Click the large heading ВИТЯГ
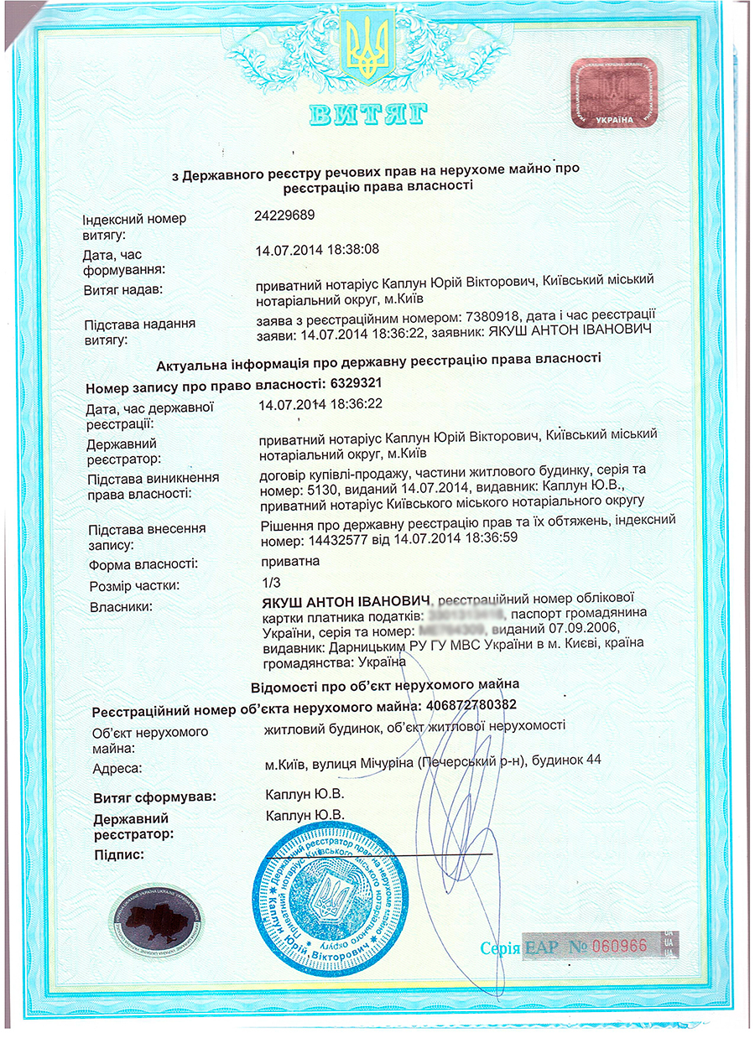tap(368, 114)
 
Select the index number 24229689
tap(284, 215)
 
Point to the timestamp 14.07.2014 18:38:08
tap(317, 249)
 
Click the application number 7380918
tap(482, 319)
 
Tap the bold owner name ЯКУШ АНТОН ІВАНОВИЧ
tap(346, 600)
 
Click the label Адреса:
tap(117, 767)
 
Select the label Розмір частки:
tap(134, 584)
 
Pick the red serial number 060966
tap(619, 946)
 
